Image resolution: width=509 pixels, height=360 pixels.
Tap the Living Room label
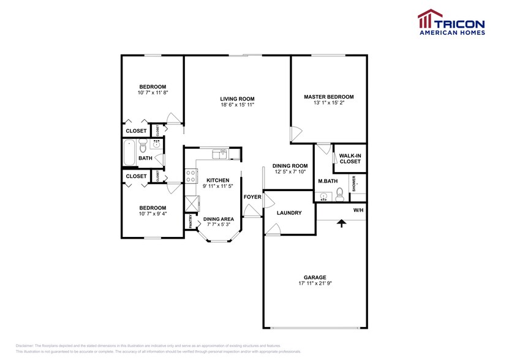pyautogui.click(x=237, y=99)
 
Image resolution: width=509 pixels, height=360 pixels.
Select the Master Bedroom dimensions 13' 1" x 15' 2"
pyautogui.click(x=329, y=104)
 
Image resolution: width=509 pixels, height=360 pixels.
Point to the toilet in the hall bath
pyautogui.click(x=143, y=146)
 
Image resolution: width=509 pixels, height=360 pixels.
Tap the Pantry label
pyautogui.click(x=190, y=221)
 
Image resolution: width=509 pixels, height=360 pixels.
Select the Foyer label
pyautogui.click(x=252, y=197)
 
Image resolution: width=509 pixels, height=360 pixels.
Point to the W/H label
pyautogui.click(x=358, y=209)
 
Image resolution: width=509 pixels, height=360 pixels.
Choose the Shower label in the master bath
pyautogui.click(x=354, y=184)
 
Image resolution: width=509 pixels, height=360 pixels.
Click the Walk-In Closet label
pyautogui.click(x=350, y=159)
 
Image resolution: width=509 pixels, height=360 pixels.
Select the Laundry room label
pyautogui.click(x=289, y=213)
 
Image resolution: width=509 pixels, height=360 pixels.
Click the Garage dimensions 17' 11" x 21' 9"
pyautogui.click(x=317, y=283)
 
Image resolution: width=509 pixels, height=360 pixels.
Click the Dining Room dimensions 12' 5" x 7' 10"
pyautogui.click(x=290, y=173)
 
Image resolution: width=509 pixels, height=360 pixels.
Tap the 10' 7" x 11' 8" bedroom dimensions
pyautogui.click(x=153, y=93)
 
